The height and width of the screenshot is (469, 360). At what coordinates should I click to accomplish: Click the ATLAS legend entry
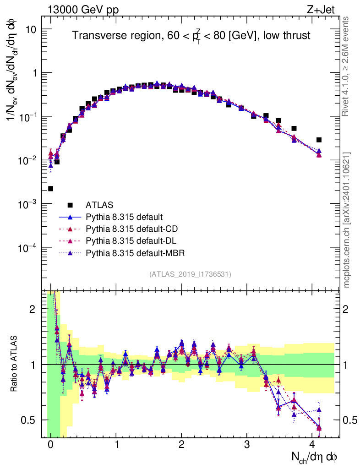pyautogui.click(x=99, y=205)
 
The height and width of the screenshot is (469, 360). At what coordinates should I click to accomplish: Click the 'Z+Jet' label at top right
pyautogui.click(x=326, y=8)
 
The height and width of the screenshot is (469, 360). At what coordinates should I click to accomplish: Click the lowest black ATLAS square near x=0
pyautogui.click(x=50, y=188)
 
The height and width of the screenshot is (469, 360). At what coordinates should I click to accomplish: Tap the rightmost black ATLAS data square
pyautogui.click(x=319, y=140)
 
